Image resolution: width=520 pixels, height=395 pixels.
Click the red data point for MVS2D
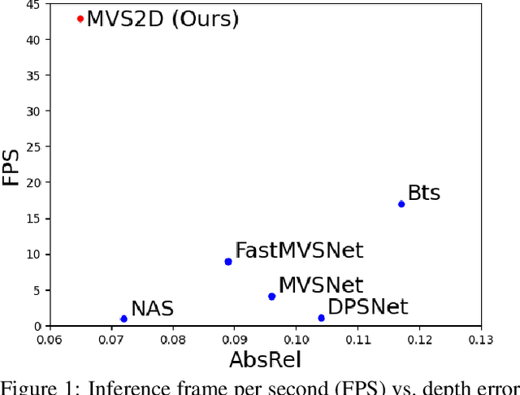(x=80, y=19)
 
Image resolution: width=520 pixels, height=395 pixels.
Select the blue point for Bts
(x=401, y=204)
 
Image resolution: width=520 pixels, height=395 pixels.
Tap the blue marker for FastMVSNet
(x=228, y=262)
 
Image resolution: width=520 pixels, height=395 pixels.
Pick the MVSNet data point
(x=271, y=297)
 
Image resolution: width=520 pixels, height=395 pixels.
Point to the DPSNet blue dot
(x=321, y=318)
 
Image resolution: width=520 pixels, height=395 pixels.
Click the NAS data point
(x=123, y=319)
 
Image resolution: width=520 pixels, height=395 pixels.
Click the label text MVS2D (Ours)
(x=162, y=19)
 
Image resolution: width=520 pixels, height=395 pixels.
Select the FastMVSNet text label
(x=298, y=250)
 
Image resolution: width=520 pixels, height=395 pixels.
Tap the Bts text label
(x=423, y=193)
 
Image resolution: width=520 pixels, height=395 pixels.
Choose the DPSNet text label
(x=367, y=307)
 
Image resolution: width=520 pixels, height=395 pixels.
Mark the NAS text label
(x=152, y=309)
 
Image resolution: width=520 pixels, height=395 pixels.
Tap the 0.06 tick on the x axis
(x=49, y=339)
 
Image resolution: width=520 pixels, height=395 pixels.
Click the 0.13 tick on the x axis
(x=481, y=339)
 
